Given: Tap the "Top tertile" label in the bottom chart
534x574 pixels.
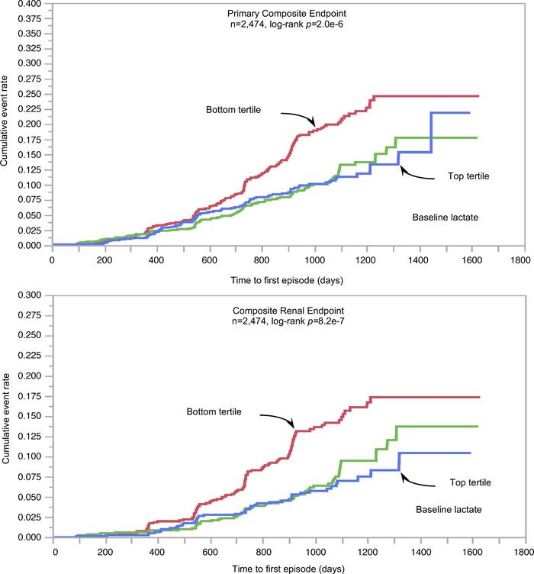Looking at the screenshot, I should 463,482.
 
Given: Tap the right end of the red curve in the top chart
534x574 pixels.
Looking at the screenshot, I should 478,96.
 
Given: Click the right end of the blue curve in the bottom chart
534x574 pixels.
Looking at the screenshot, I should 470,453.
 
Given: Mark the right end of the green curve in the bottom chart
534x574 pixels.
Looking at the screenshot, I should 478,426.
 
